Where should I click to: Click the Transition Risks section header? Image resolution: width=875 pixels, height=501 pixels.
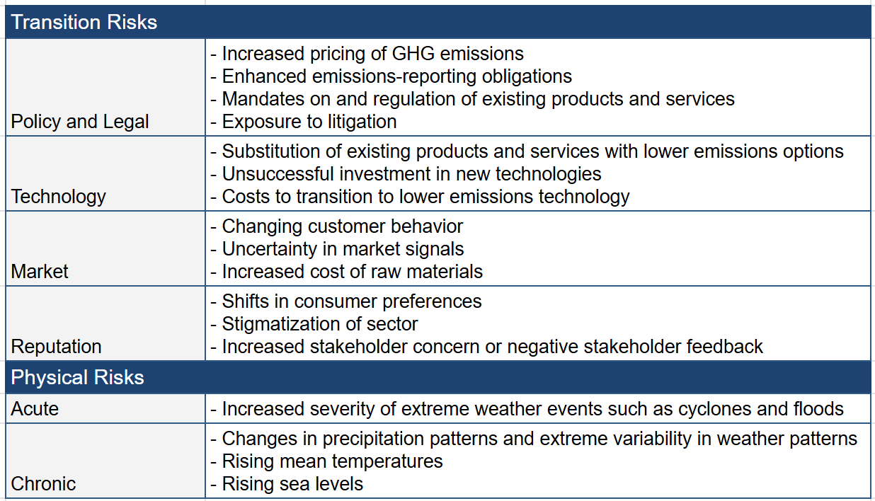pyautogui.click(x=84, y=22)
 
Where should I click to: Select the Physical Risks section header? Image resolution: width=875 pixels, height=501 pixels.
pyautogui.click(x=77, y=377)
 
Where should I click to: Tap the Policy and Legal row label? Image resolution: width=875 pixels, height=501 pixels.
pyautogui.click(x=80, y=122)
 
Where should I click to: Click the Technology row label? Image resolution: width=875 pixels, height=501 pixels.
pyautogui.click(x=58, y=197)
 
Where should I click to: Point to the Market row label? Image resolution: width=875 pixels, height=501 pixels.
pyautogui.click(x=40, y=272)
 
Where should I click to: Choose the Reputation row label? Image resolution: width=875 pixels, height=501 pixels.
pyautogui.click(x=56, y=347)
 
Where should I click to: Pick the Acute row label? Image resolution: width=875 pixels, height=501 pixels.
pyautogui.click(x=35, y=409)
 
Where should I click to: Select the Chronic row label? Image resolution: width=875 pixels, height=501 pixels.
pyautogui.click(x=43, y=484)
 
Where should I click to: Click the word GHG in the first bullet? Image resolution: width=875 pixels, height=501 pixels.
pyautogui.click(x=413, y=54)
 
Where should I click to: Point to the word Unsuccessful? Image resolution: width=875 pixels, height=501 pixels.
pyautogui.click(x=278, y=174)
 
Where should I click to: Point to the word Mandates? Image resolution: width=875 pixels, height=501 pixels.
pyautogui.click(x=263, y=99)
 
